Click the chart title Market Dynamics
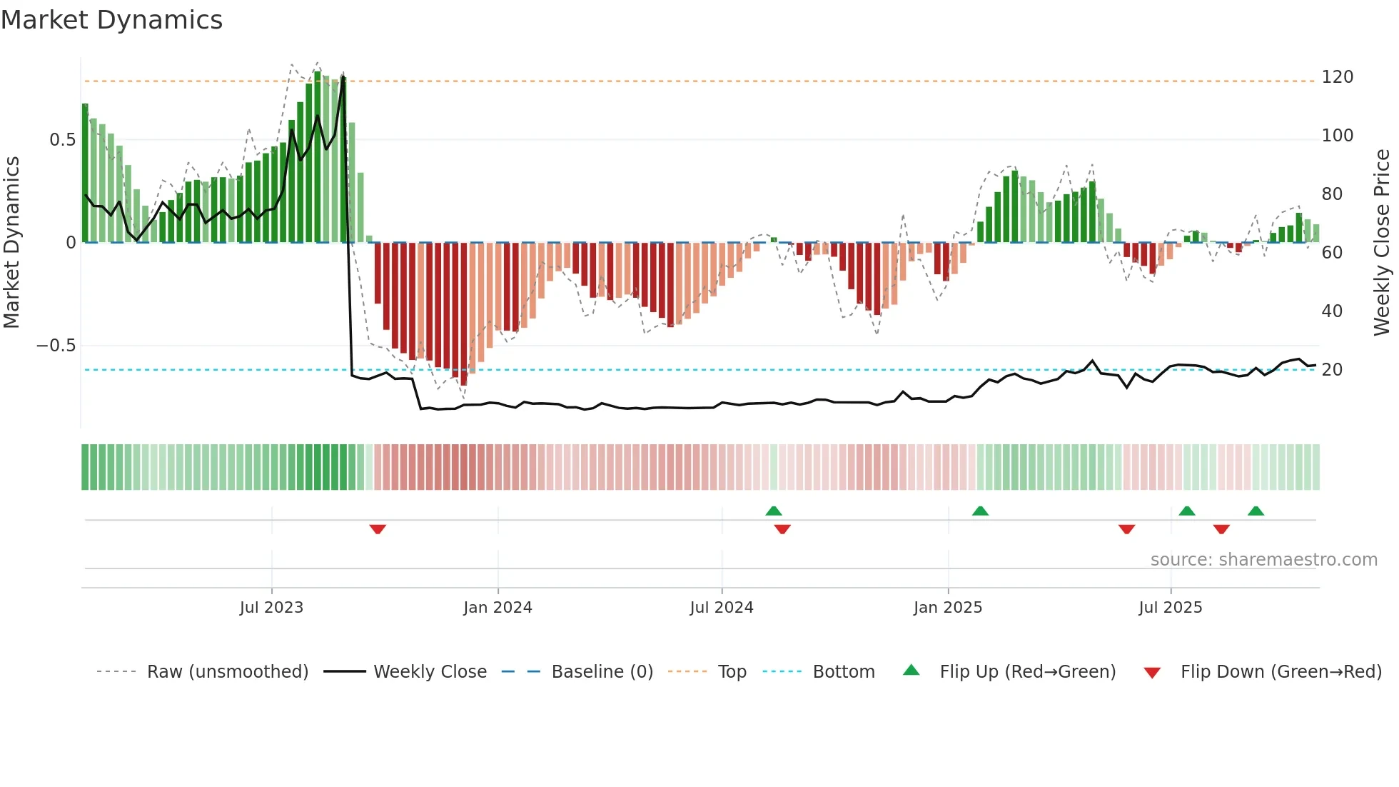111,20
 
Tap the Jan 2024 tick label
498,607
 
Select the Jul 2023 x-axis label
271,607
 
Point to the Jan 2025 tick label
948,607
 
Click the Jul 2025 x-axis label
1171,607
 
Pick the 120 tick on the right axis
1337,77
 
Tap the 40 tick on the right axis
1332,311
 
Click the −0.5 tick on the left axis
56,346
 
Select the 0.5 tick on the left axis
62,140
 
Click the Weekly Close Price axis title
1382,243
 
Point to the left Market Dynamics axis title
11,243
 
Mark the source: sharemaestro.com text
1263,560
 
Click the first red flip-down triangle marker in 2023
378,528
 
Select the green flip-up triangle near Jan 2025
980,511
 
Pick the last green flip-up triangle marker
1256,511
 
